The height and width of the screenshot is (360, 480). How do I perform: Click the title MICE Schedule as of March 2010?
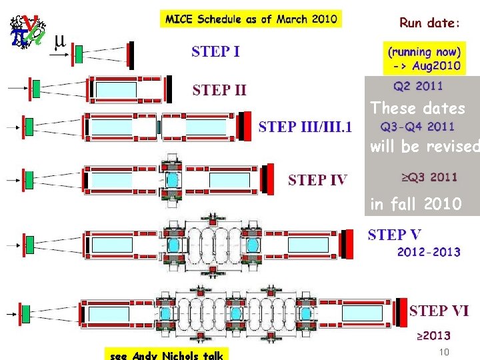pos(251,19)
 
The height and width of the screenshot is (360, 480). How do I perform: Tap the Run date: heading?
pos(429,23)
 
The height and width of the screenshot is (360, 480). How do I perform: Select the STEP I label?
pos(216,51)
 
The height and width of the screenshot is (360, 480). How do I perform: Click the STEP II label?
pos(220,89)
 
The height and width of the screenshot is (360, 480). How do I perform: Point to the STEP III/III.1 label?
pos(306,127)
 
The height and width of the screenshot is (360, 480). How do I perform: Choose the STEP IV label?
pos(317,179)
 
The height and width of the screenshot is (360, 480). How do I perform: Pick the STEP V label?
pos(395,235)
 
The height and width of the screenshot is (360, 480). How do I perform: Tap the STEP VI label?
pos(439,311)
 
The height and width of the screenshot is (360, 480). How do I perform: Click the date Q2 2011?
pos(418,85)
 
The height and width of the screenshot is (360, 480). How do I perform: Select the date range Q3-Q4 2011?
pos(418,127)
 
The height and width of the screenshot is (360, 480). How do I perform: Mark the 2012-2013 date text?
pos(429,252)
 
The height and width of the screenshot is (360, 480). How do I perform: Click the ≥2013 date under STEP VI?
pos(433,335)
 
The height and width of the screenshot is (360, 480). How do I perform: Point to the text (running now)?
pos(424,51)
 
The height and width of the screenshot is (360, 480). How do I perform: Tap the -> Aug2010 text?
pos(427,67)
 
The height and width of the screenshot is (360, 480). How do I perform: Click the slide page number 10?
pos(445,351)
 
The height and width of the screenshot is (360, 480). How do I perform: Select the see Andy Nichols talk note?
pos(165,355)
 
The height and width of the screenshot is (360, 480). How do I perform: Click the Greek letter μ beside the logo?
pos(59,39)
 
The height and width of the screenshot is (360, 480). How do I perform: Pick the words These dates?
pos(417,108)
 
